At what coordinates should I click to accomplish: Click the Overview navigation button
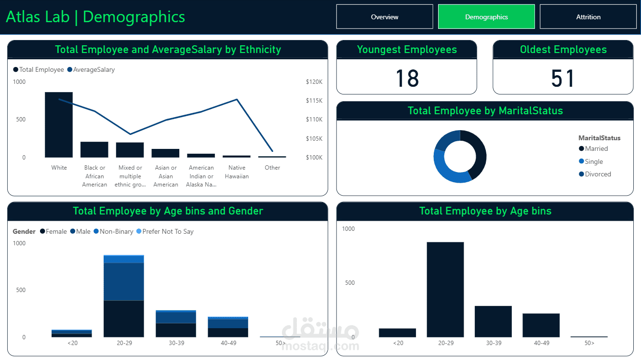pyautogui.click(x=385, y=17)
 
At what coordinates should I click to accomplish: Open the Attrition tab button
pyautogui.click(x=588, y=17)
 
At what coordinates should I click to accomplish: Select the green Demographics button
pyautogui.click(x=486, y=17)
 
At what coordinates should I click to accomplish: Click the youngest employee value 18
pyautogui.click(x=407, y=79)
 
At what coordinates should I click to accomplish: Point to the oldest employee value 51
pyautogui.click(x=563, y=79)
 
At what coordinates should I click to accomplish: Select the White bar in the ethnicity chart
pyautogui.click(x=59, y=125)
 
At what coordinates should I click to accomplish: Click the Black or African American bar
pyautogui.click(x=94, y=149)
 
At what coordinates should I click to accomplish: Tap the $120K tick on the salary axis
pyautogui.click(x=314, y=82)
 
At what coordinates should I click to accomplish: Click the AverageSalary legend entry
pyautogui.click(x=93, y=70)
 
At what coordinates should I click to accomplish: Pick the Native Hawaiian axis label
pyautogui.click(x=237, y=172)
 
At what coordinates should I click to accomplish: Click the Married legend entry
pyautogui.click(x=596, y=149)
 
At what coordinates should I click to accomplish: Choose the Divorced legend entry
pyautogui.click(x=598, y=174)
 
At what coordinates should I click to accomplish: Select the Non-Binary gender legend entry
pyautogui.click(x=116, y=232)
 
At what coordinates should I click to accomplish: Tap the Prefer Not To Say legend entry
pyautogui.click(x=168, y=232)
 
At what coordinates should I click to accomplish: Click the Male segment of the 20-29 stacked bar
pyautogui.click(x=124, y=281)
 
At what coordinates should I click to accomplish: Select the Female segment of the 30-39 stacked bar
pyautogui.click(x=176, y=330)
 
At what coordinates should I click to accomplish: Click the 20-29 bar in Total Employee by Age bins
pyautogui.click(x=445, y=289)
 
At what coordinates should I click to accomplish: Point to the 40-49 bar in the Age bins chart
pyautogui.click(x=541, y=325)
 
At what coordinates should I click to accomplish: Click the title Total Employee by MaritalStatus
pyautogui.click(x=485, y=111)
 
